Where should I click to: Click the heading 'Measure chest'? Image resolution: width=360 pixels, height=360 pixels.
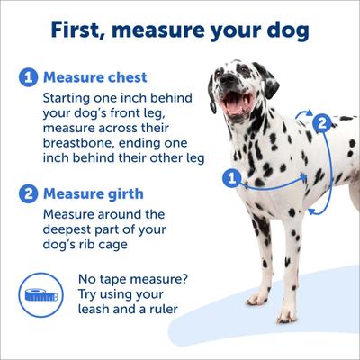96,78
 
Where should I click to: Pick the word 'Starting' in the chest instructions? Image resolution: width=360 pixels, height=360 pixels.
75,98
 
